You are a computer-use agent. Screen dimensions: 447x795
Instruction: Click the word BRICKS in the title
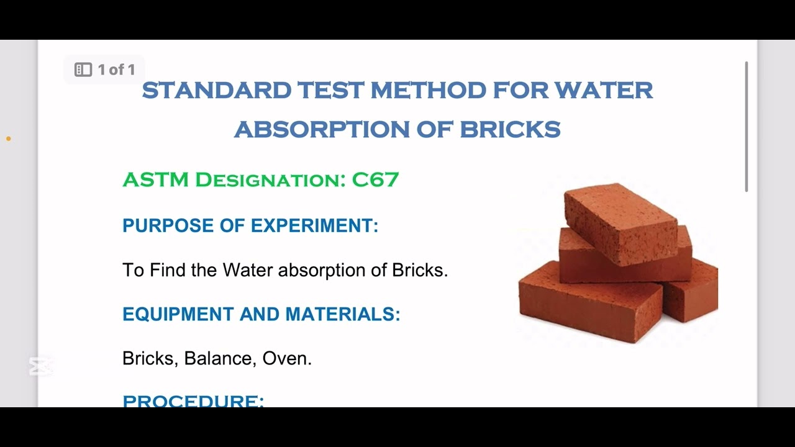point(510,130)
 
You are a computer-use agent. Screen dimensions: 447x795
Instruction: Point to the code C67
point(375,180)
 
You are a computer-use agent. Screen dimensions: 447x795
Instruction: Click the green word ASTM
point(155,180)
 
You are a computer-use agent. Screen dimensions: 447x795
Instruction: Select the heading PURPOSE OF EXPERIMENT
point(250,225)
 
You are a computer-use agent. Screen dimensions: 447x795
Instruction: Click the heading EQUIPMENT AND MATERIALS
point(261,314)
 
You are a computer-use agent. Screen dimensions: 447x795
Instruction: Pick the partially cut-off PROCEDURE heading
point(193,400)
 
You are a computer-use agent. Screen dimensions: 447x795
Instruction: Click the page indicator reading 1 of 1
point(104,70)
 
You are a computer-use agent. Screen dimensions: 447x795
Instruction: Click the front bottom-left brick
point(587,301)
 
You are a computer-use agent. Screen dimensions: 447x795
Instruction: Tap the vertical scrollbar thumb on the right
point(746,127)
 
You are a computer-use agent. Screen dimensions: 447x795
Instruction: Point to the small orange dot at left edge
point(8,138)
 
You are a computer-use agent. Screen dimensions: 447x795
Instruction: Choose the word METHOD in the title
point(429,91)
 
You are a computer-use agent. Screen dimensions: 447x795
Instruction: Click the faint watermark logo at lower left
point(41,366)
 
